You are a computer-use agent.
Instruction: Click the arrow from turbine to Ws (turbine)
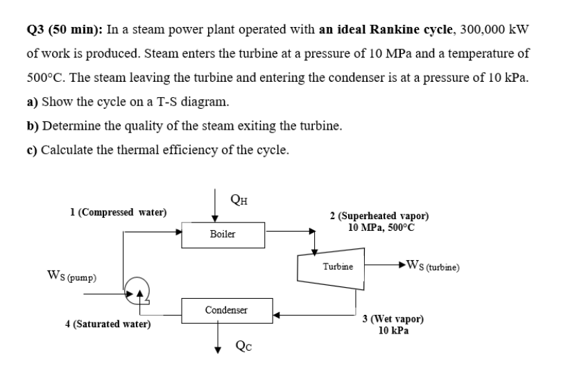(388, 264)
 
